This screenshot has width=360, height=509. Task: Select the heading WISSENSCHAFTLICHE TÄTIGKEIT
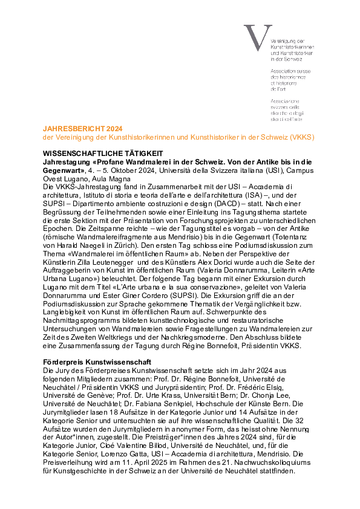click(x=103, y=153)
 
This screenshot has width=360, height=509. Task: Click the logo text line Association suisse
click(x=290, y=71)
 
